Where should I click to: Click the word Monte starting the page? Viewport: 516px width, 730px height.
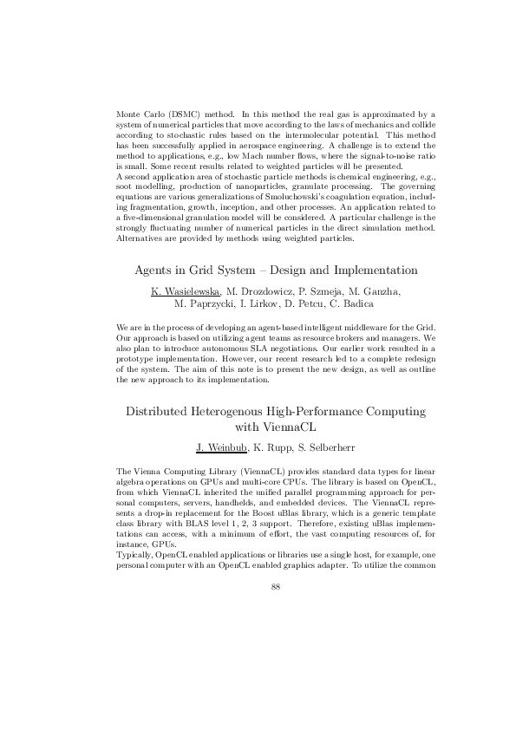pyautogui.click(x=127, y=114)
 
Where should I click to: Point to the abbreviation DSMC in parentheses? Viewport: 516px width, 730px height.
pyautogui.click(x=177, y=114)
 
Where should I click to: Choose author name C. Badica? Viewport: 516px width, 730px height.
pyautogui.click(x=349, y=303)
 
